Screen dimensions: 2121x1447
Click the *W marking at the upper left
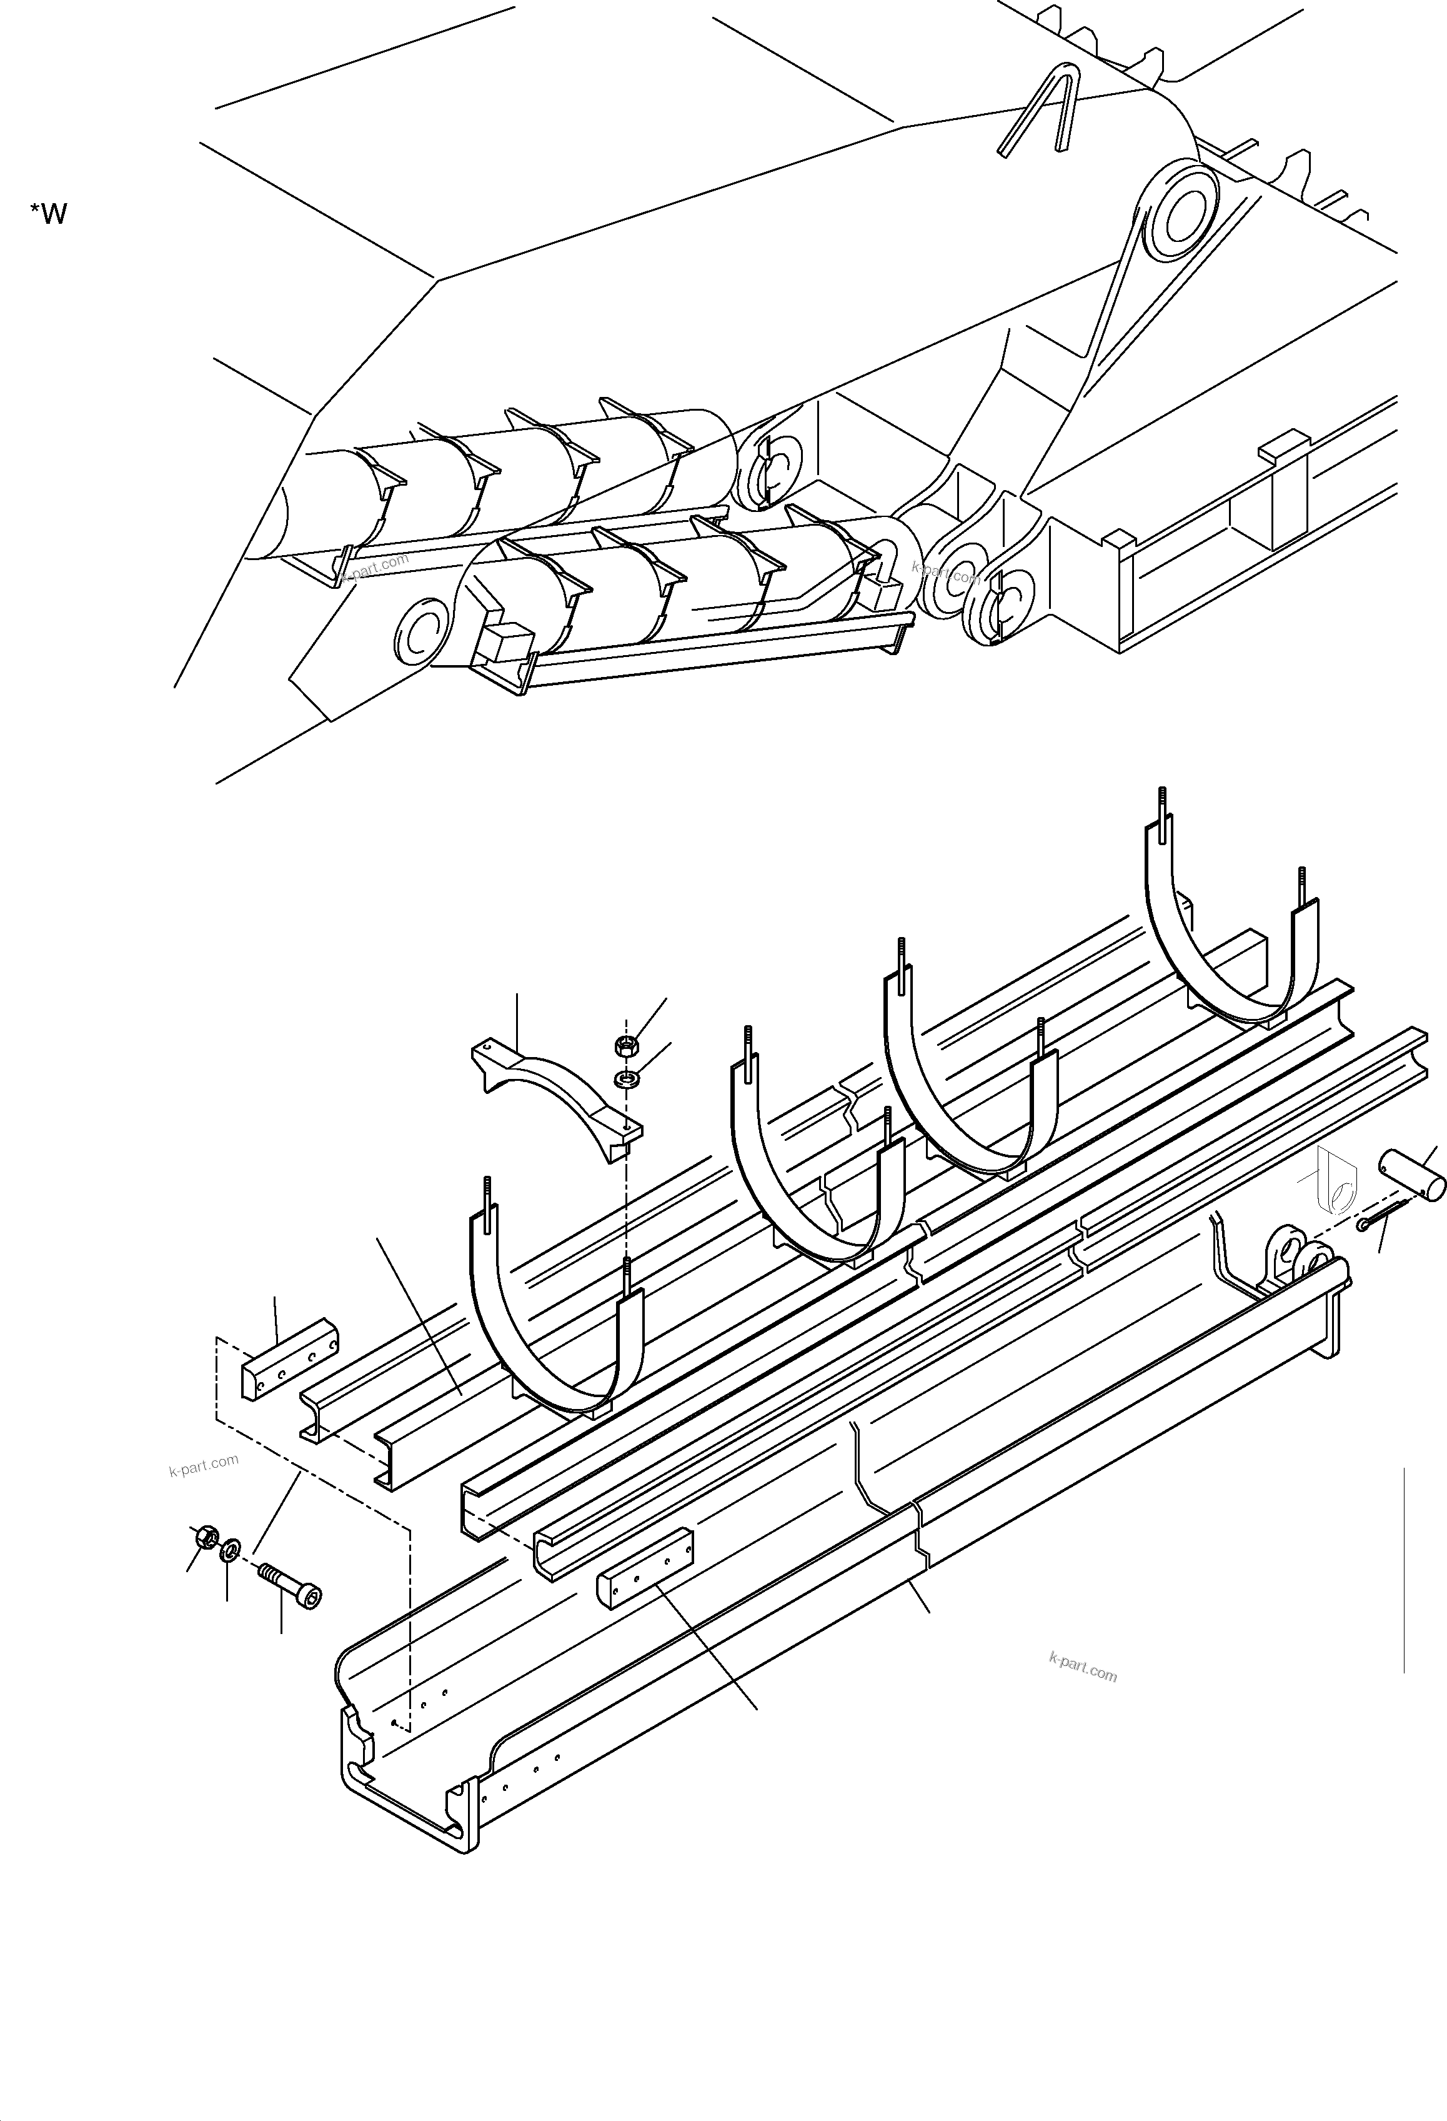tap(48, 214)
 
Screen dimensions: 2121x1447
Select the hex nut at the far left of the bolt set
tap(206, 1538)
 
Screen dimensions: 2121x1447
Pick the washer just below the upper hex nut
tap(627, 1081)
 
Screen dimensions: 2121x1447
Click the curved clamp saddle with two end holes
tap(557, 1096)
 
